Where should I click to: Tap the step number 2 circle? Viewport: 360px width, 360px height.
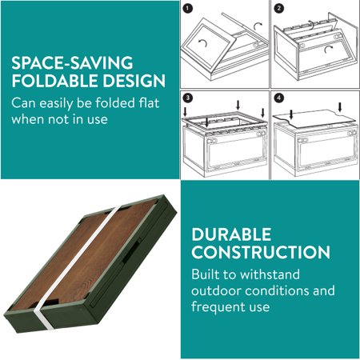pos(278,10)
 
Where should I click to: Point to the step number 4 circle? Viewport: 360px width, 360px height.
pos(278,98)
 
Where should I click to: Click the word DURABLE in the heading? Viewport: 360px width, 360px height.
pos(231,234)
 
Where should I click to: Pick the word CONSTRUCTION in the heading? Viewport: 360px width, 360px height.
pos(260,253)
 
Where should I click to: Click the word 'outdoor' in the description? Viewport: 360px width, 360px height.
pos(222,290)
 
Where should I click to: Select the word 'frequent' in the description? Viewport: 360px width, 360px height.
pos(222,306)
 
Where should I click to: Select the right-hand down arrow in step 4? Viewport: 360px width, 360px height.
pos(342,106)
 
